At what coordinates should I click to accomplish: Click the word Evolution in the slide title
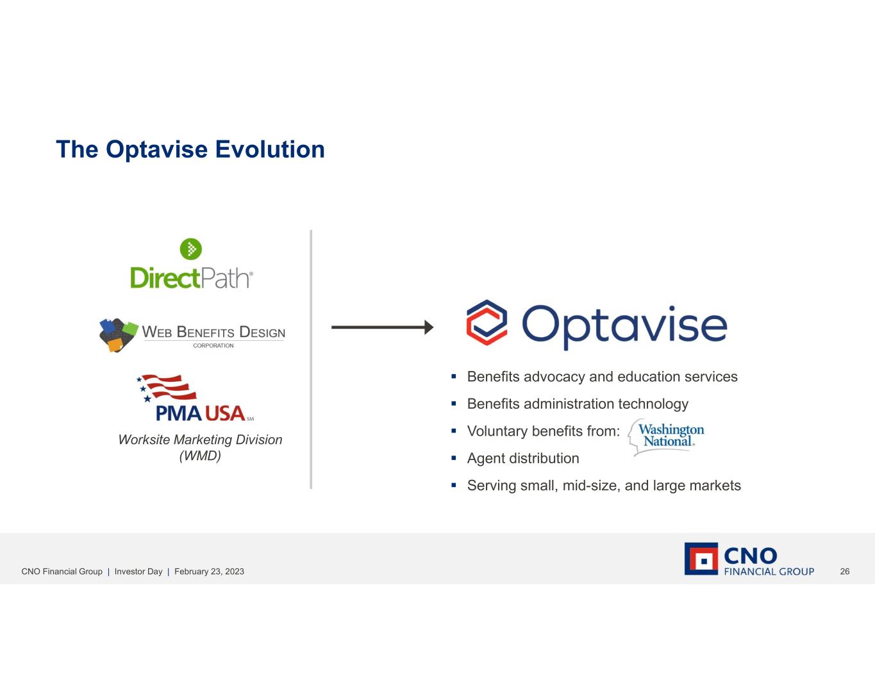[270, 149]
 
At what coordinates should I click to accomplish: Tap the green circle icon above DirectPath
[191, 249]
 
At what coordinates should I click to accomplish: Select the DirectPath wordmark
[192, 278]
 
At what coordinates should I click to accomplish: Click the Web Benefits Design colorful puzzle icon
[117, 334]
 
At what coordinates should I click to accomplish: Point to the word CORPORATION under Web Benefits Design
[213, 345]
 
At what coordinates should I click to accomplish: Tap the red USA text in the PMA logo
[226, 413]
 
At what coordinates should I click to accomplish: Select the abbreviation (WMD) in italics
[200, 456]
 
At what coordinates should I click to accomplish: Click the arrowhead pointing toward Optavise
[429, 327]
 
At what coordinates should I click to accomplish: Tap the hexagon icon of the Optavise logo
[487, 322]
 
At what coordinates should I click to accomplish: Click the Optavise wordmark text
[624, 327]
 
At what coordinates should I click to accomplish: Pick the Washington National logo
[667, 436]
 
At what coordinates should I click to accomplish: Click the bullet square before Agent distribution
[454, 458]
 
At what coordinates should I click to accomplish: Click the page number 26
[845, 572]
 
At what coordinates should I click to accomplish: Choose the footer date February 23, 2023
[209, 572]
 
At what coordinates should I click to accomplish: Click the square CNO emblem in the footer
[701, 559]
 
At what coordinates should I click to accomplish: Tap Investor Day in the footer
[138, 572]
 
